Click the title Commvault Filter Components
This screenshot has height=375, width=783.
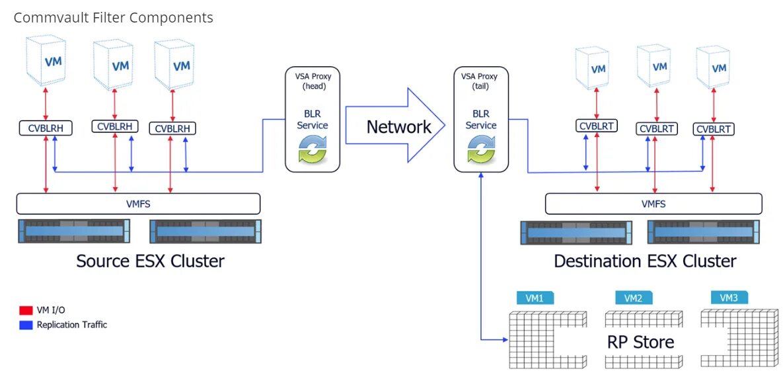pos(113,18)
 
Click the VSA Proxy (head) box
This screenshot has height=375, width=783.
pos(313,118)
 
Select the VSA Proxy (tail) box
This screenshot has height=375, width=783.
pos(480,118)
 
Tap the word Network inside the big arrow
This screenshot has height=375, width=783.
pos(398,127)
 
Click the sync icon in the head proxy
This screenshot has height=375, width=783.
pos(313,149)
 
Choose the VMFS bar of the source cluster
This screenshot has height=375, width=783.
pos(138,203)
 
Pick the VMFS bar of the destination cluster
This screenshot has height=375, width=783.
pos(653,204)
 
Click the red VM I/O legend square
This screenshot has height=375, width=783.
pos(26,310)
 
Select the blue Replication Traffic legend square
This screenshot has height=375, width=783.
pos(26,325)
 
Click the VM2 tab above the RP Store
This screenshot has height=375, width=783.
pos(633,298)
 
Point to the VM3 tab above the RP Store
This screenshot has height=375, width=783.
pos(729,298)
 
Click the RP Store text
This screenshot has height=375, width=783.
pos(640,342)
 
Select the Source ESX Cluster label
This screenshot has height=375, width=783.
pos(150,261)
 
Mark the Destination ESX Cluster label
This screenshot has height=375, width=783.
pos(644,261)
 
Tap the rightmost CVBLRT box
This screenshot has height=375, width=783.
pos(714,129)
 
